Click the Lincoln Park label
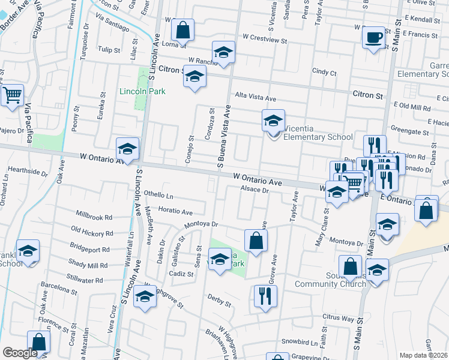pyautogui.click(x=142, y=92)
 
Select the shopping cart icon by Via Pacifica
pyautogui.click(x=12, y=95)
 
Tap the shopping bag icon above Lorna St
pyautogui.click(x=182, y=29)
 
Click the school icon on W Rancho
pyautogui.click(x=223, y=52)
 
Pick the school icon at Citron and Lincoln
pyautogui.click(x=194, y=76)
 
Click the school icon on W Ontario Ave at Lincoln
pyautogui.click(x=127, y=149)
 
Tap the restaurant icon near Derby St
pyautogui.click(x=264, y=295)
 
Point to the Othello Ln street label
pyautogui.click(x=158, y=196)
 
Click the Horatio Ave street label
pyautogui.click(x=175, y=212)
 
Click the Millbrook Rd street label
pyautogui.click(x=95, y=216)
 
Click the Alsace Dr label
pyautogui.click(x=254, y=190)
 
